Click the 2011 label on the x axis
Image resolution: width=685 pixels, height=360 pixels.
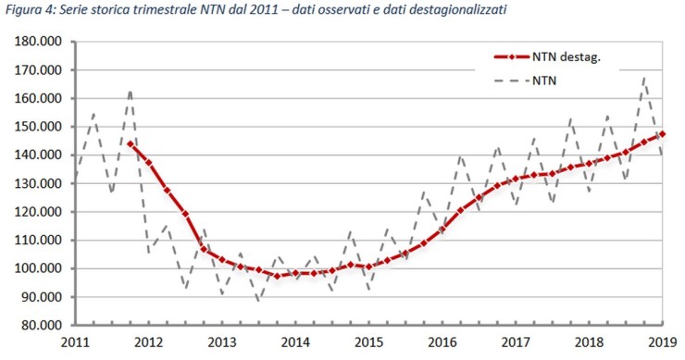click(75, 341)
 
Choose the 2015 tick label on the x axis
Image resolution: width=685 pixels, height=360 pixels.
click(369, 341)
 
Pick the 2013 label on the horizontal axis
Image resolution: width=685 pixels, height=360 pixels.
click(222, 341)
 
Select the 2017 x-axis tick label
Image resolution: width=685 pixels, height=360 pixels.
click(517, 341)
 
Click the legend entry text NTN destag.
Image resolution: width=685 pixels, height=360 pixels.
click(567, 56)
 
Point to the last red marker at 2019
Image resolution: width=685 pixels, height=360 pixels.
click(663, 134)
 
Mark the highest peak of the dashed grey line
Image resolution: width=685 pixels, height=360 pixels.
click(644, 78)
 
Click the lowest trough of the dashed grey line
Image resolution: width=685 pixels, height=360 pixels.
click(259, 301)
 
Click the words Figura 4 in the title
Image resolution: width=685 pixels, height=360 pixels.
click(30, 9)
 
